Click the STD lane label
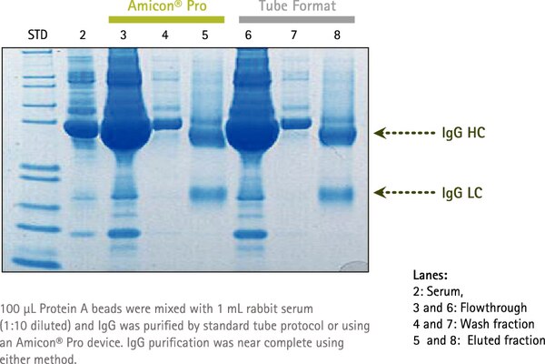coord(37,35)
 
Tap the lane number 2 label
coord(83,35)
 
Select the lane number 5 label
coord(205,35)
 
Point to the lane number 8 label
coord(337,35)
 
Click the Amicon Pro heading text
coord(167,6)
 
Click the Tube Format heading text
coord(297,6)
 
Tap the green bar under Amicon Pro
coord(166,19)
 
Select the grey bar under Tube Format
coord(297,19)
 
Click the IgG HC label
coord(463,133)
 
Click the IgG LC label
coord(462,193)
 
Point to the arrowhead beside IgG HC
coord(381,133)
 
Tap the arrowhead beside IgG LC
coord(381,192)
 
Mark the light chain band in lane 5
coord(208,193)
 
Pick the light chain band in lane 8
coord(336,194)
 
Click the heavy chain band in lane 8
coord(338,136)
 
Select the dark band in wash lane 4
coord(167,124)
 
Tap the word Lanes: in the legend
coord(431,275)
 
